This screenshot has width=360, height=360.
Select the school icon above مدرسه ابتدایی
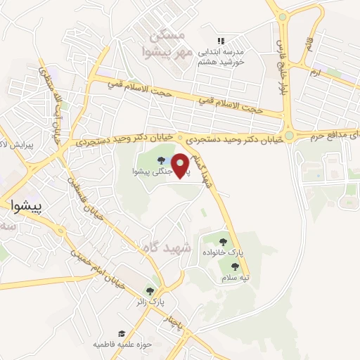(221, 41)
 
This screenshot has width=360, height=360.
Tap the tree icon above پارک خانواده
(223, 242)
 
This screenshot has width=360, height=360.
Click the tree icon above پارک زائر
(149, 290)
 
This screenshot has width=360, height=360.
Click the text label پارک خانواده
(229, 252)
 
